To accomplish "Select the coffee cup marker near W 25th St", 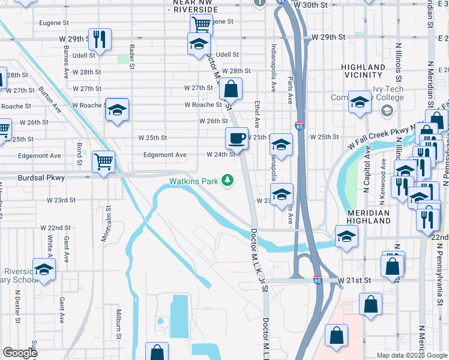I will pos(237,138).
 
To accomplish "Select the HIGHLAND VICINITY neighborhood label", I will pos(363,71).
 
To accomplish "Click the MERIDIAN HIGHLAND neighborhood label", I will pos(368,217).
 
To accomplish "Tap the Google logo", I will pos(19,353).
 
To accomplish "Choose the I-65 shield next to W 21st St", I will pos(318,280).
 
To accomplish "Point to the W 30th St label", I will pos(312,5).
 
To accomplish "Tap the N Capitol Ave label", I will pos(367,172).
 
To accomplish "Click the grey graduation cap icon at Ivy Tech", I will pos(387,110).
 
